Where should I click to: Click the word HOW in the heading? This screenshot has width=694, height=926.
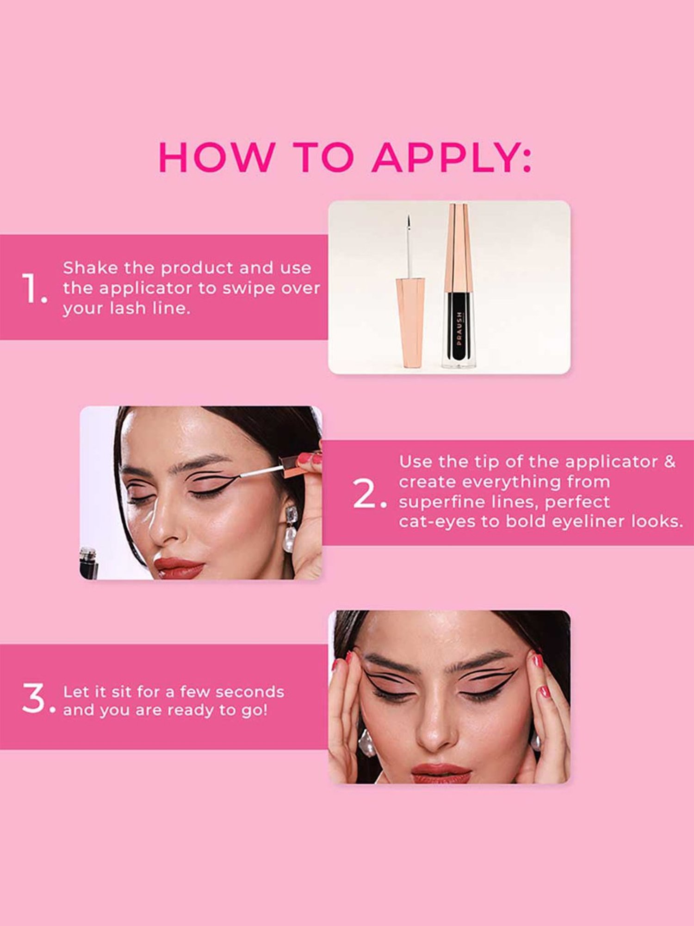pos(217,157)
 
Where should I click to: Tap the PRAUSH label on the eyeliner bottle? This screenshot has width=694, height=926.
pos(459,328)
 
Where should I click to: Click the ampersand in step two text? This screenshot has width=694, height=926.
pos(670,462)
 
